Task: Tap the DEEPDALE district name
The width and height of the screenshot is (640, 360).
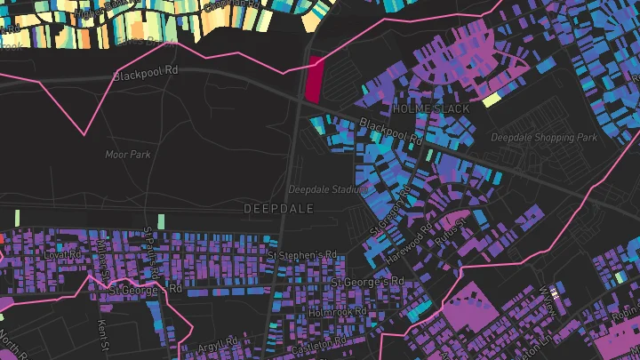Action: pos(279,207)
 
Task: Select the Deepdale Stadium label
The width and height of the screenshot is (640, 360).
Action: pos(327,189)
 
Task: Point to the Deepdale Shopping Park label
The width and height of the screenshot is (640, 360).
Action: pos(544,138)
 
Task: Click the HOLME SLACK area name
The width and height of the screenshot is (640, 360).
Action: pos(431,108)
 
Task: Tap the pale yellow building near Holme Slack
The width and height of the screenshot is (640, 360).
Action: pos(492,99)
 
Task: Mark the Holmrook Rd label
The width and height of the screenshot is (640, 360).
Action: pos(337,313)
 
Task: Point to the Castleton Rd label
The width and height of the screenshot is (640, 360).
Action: pos(322,343)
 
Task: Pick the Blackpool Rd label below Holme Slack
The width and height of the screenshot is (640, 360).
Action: pos(392,131)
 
